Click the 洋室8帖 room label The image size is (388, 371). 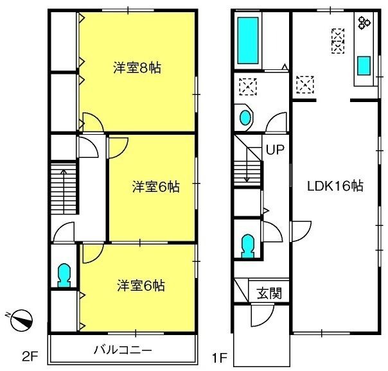pos(137,68)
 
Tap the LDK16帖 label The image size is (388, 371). pos(335,186)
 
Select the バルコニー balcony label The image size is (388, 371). pos(123,350)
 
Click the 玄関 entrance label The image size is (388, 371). pos(269,293)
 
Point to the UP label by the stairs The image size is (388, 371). pos(275,150)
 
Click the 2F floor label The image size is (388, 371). pos(30,357)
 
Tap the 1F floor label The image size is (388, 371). pos(219,358)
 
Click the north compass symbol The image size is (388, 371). pos(22,320)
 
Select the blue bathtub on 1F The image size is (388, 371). pos(248,40)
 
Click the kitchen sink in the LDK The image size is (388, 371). pos(364,65)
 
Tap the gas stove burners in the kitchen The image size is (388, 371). pos(364,22)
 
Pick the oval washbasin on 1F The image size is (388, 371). pos(245,117)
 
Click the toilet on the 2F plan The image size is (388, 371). pos(64,275)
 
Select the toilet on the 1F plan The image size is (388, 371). pos(248,246)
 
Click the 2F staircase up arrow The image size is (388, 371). pos(64,191)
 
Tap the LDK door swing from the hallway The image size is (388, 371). pos(301,232)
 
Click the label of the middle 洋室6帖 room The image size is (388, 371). pos(156,187)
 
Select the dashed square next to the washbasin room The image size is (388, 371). pos(248,87)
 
